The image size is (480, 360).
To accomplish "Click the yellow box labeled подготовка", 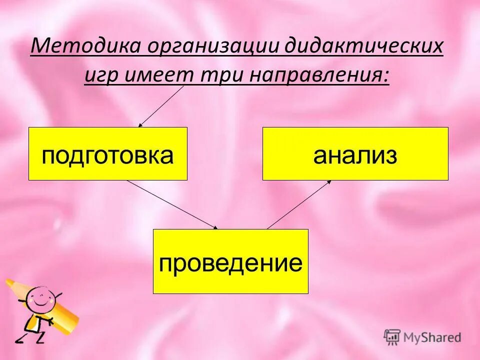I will coord(108,154).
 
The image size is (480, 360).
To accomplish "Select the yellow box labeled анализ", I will coord(355,154).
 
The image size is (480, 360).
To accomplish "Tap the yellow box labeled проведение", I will coord(230,261).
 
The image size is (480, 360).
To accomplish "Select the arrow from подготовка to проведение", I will coord(172,204).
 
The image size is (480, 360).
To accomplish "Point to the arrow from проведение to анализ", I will coord(298,204).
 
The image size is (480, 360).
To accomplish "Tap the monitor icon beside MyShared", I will coord(392,336).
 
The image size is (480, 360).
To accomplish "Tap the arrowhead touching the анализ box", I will coord(328,182).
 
